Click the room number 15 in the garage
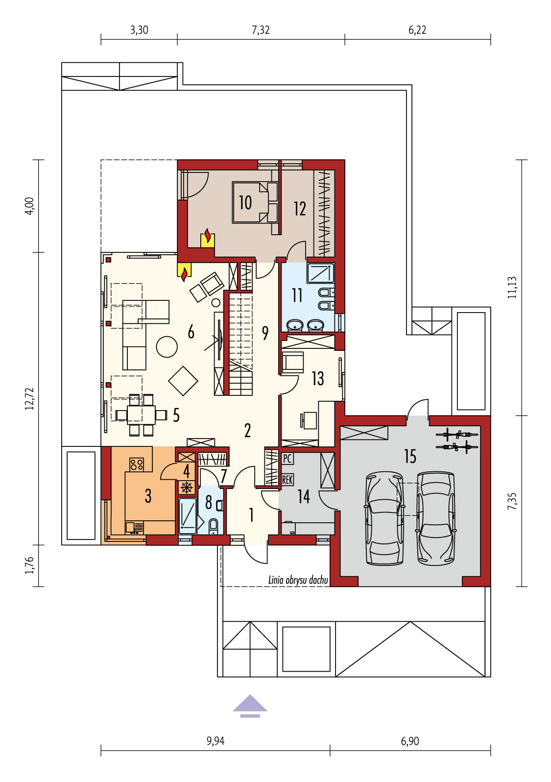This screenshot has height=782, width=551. (410, 456)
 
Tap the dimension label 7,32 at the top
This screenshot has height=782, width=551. (261, 30)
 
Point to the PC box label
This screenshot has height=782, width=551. (287, 459)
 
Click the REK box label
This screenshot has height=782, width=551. (287, 480)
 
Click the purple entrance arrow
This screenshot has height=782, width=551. (250, 706)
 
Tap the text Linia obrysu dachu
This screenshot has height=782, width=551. (298, 580)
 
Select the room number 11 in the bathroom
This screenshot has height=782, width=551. (297, 295)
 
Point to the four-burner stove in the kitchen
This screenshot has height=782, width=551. (137, 464)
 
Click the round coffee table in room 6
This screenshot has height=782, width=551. (167, 346)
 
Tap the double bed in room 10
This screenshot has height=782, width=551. (255, 202)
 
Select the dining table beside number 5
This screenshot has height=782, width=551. (142, 415)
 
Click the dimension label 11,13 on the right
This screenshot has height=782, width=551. (512, 287)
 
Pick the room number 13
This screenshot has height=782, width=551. (317, 378)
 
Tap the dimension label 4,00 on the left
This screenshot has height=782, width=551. (30, 206)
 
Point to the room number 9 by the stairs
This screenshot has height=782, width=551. (265, 333)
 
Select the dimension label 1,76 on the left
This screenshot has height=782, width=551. (30, 565)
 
